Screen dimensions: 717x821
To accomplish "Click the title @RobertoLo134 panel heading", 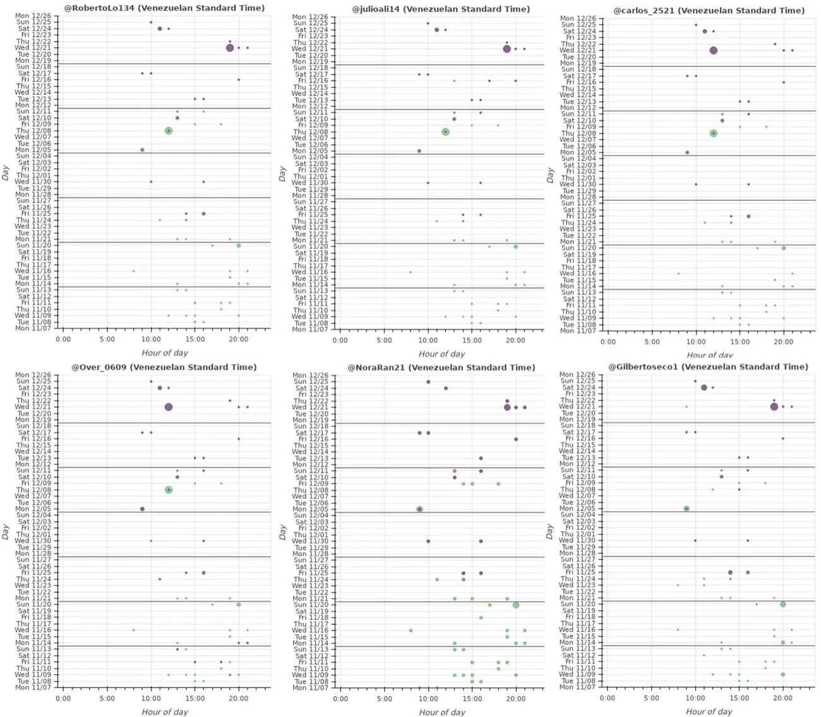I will point(164,8).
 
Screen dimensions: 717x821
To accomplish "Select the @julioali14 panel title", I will point(441,9).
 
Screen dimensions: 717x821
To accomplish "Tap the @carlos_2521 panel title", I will point(709,11).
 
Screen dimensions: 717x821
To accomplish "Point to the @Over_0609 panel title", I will point(164,367).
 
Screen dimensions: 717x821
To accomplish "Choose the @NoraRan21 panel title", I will point(441,368).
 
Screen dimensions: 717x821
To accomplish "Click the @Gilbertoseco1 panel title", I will point(708,367).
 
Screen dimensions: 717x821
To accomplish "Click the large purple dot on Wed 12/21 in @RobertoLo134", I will point(230,48).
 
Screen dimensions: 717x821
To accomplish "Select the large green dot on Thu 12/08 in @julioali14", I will point(445,132).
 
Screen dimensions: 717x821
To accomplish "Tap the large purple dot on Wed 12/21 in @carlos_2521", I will point(714,51).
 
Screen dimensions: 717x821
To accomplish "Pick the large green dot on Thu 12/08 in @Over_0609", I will point(169,490).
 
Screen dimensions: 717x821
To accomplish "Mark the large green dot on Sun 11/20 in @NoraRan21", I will point(516,605).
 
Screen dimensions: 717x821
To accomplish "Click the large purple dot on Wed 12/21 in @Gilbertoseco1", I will point(774,407).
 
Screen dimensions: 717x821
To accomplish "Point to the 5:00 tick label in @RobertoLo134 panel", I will point(107,340).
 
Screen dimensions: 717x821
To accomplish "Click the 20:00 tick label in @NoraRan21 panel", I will point(515,699).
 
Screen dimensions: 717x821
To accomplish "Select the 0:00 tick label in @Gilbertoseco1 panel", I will point(608,699).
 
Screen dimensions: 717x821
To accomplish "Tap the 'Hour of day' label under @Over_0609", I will point(165,712).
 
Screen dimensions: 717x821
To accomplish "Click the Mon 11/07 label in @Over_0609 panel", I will point(31,687).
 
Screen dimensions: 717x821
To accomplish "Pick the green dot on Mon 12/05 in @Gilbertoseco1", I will point(686,509).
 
